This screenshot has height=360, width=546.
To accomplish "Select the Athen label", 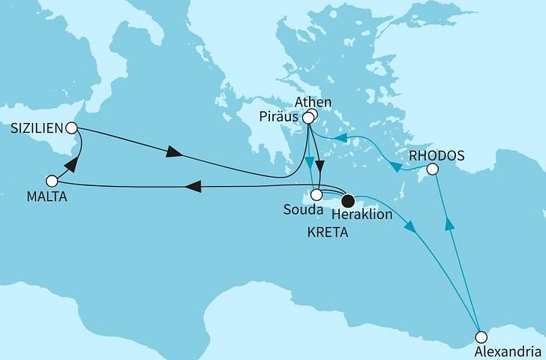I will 313,102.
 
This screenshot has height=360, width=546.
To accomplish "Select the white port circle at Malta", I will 52,181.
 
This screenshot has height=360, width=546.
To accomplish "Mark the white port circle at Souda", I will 316,194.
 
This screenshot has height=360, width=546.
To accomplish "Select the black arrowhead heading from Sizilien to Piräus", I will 172,153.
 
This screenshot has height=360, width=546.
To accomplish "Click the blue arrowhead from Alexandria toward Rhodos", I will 449,223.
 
